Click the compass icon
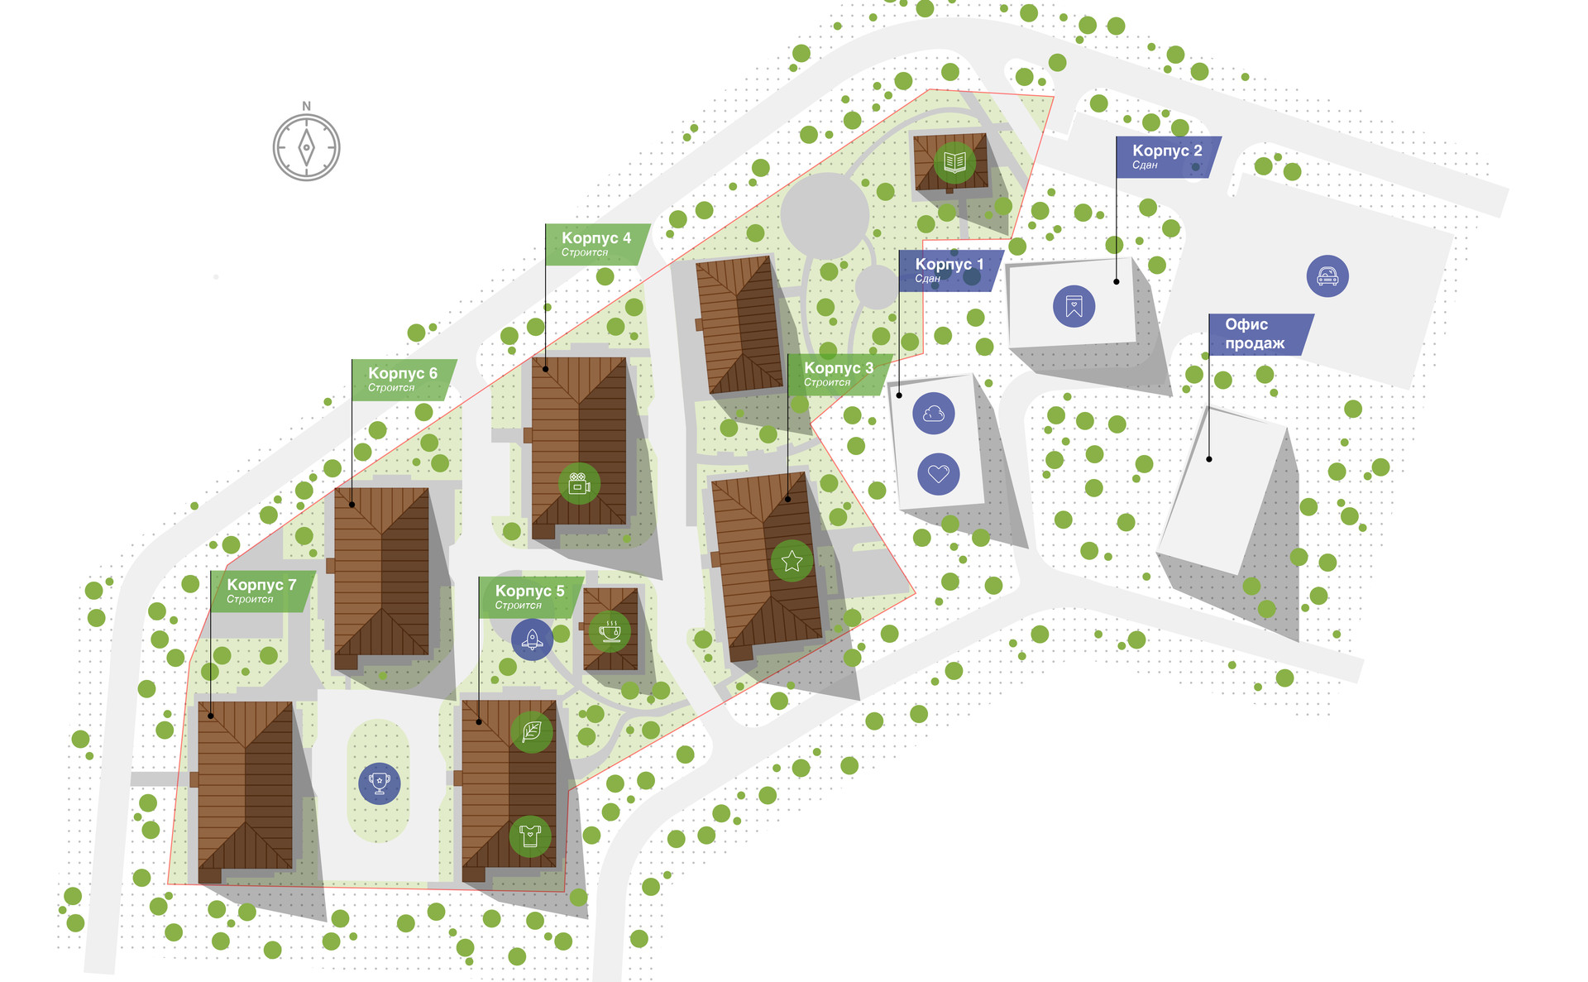coord(306,147)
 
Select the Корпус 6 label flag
coord(404,379)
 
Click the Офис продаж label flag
coord(1259,333)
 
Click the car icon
coord(1327,276)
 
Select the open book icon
coord(954,162)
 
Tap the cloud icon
coord(934,414)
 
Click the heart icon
coord(938,474)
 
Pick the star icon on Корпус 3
coord(792,561)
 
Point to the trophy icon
coord(379,783)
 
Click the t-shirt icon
coord(530,836)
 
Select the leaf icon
coord(531,731)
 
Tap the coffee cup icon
coord(610,631)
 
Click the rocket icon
coord(532,639)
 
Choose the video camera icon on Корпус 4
coord(579,483)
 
